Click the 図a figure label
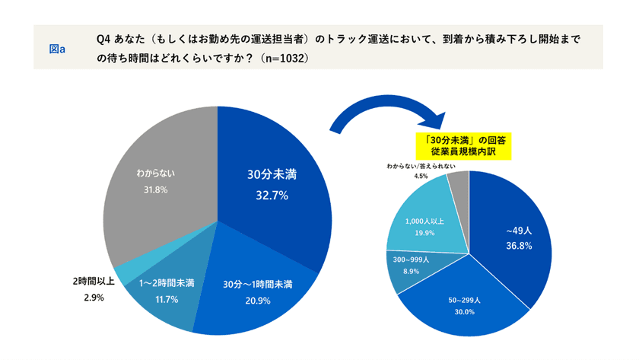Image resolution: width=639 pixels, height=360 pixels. (x=57, y=49)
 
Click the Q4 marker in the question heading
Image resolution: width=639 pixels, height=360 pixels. (x=104, y=38)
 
